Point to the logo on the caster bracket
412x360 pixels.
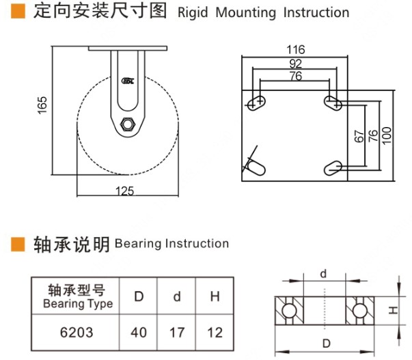[x=128, y=81]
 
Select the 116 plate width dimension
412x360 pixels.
[x=295, y=49]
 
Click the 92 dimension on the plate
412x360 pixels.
[x=295, y=63]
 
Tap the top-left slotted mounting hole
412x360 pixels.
[x=257, y=102]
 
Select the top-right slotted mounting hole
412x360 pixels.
[x=333, y=102]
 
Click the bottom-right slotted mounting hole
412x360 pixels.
[x=333, y=167]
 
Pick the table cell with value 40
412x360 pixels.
[x=139, y=333]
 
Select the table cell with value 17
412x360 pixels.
[x=177, y=333]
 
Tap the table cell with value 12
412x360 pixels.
[x=215, y=333]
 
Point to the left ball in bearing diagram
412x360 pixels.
[x=289, y=311]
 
